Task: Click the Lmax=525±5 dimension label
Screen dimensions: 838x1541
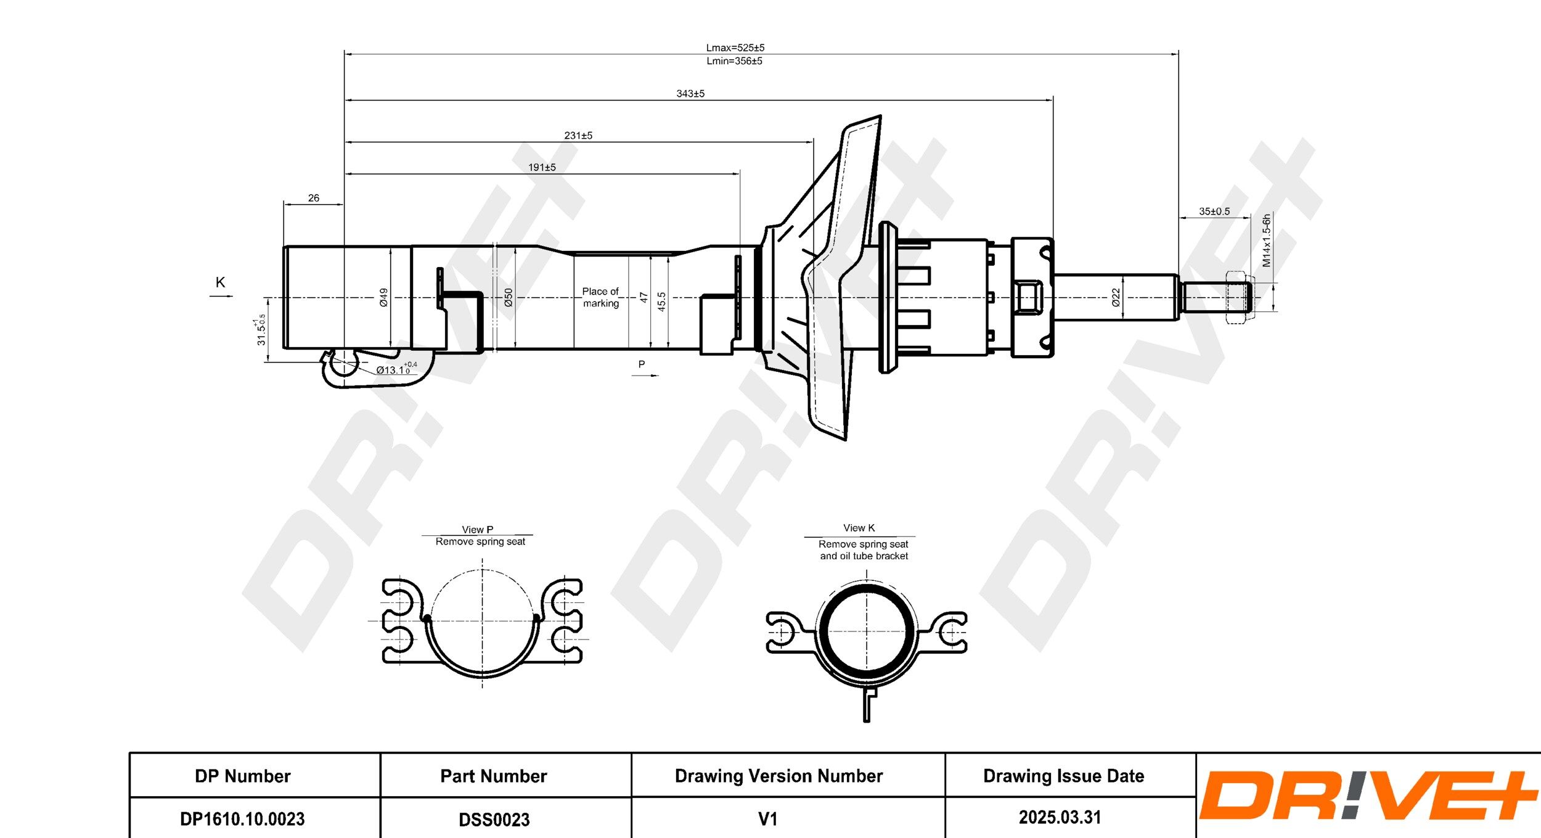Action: tap(735, 47)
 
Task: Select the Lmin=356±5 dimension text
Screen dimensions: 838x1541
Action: tap(734, 61)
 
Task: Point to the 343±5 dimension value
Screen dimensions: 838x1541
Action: tap(690, 94)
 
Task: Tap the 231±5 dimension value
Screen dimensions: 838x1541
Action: tap(578, 136)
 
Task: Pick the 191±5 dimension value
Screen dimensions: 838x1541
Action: tap(542, 167)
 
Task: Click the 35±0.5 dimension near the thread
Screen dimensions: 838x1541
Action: tap(1214, 212)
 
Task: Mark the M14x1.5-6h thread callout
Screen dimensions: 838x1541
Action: tap(1267, 240)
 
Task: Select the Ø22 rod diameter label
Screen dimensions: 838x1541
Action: tap(1116, 297)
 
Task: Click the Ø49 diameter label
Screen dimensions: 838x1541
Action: tap(383, 297)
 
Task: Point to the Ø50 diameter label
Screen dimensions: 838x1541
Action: tap(509, 297)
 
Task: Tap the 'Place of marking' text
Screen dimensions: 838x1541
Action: tap(600, 297)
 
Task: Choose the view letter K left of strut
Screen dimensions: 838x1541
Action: tap(220, 282)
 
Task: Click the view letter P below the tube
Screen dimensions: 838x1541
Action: tap(642, 364)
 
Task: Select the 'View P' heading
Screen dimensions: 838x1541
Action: tap(477, 530)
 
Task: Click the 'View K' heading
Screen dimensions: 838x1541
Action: tap(859, 528)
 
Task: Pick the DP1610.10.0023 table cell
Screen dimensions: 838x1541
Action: tap(242, 819)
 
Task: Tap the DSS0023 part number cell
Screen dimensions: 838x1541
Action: tap(494, 820)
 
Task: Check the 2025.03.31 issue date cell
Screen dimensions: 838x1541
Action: tap(1060, 818)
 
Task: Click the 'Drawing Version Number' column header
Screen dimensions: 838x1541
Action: tap(779, 776)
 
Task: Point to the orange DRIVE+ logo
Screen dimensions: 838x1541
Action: tap(1367, 796)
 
